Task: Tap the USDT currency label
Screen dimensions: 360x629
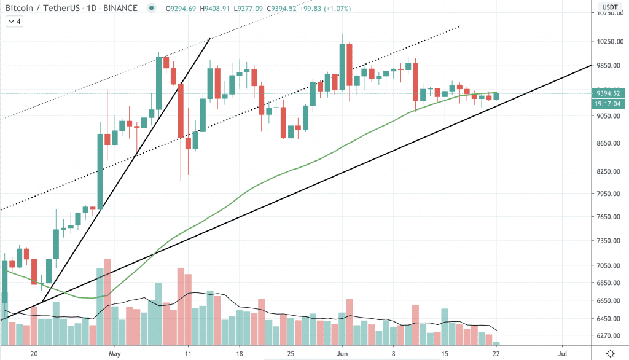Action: (x=609, y=7)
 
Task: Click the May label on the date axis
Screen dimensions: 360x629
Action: (x=113, y=354)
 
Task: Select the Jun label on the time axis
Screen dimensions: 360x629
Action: (x=343, y=354)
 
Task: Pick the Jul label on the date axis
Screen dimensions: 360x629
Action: (x=562, y=354)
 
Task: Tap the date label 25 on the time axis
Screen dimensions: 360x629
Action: (x=291, y=354)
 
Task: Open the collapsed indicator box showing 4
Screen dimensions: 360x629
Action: (x=15, y=22)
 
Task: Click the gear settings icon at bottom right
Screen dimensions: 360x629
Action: (x=609, y=353)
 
